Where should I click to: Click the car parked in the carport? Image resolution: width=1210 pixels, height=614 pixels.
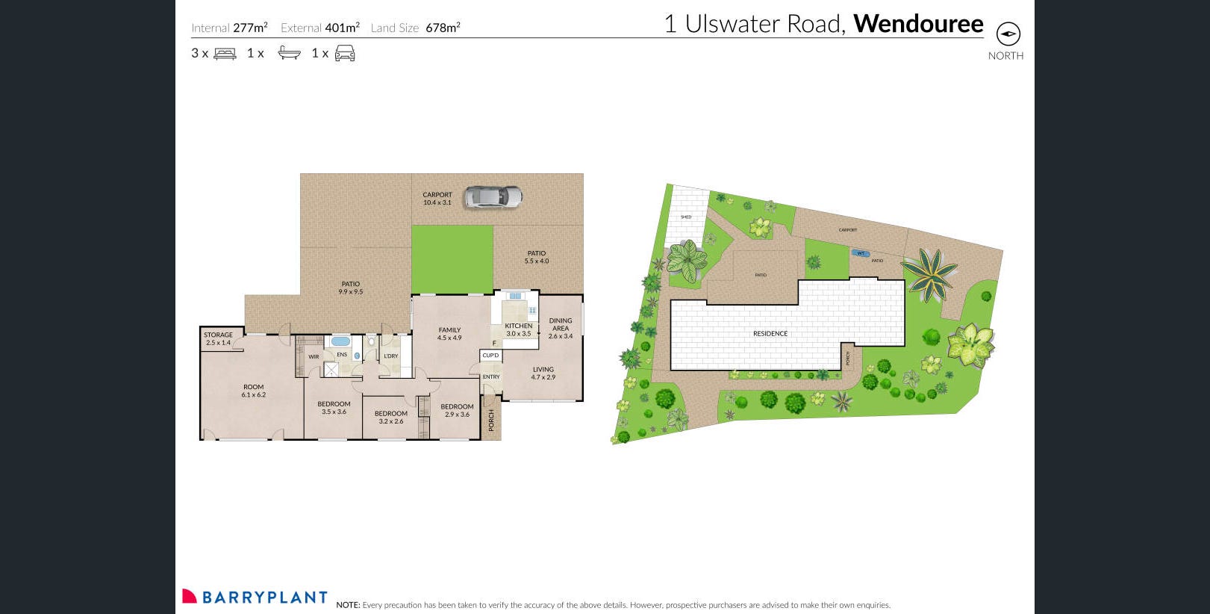point(493,196)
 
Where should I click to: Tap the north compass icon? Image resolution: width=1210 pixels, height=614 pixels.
point(1008,34)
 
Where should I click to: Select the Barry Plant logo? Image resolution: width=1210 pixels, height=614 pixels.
point(255,597)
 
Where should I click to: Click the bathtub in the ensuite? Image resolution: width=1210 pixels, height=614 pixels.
point(340,341)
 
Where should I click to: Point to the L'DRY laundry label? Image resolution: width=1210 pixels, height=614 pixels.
point(391,356)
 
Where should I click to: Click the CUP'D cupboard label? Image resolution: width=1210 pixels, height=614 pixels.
point(490,356)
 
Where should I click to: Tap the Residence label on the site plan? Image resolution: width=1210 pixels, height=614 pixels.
point(770,334)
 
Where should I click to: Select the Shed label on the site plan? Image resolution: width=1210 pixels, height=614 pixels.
point(686,217)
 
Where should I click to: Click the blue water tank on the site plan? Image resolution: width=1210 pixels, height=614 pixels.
point(860,253)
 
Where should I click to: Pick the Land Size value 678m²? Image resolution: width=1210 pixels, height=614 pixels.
point(443,28)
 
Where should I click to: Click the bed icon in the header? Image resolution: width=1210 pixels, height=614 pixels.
point(225,53)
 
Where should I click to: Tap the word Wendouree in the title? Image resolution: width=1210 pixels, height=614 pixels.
point(918,24)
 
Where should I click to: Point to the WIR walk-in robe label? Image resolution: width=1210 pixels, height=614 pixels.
point(314,357)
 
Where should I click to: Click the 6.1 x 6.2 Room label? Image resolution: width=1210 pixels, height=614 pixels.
point(253,391)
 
